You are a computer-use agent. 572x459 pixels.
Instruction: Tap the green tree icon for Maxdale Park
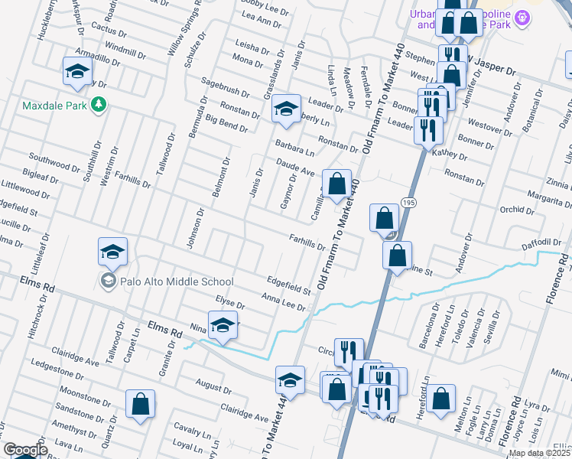98,104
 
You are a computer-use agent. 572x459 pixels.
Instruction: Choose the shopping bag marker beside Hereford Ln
441,399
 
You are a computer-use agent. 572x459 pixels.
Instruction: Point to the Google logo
25,450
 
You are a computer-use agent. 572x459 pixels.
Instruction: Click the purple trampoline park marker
522,17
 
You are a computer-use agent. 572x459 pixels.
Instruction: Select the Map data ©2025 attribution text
539,453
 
